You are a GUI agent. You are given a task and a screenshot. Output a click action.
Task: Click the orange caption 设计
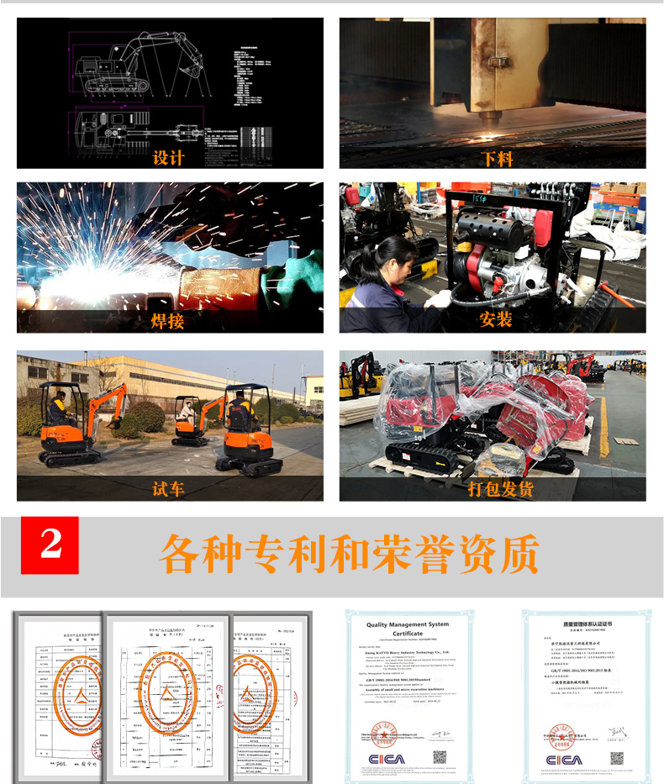click(x=168, y=157)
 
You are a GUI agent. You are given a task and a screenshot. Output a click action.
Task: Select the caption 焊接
click(x=168, y=320)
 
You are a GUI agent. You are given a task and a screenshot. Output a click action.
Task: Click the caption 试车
click(x=168, y=488)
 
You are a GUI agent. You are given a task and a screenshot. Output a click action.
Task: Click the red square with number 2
click(x=50, y=545)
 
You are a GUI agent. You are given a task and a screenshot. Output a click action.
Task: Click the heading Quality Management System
click(x=409, y=625)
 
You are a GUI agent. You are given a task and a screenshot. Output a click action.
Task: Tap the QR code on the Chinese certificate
click(x=617, y=758)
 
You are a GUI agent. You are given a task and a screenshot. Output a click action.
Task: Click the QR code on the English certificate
click(x=439, y=756)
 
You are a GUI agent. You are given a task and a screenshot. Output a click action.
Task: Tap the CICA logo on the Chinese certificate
click(x=562, y=760)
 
